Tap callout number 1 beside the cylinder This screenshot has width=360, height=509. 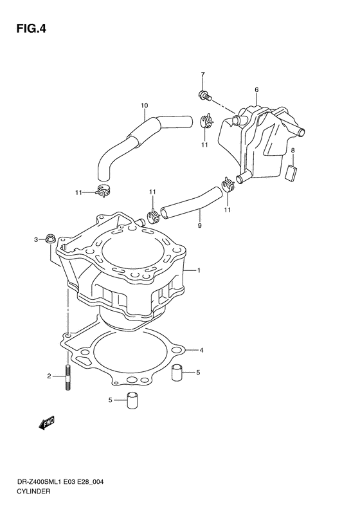pyautogui.click(x=200, y=271)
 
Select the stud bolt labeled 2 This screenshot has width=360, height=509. pyautogui.click(x=66, y=378)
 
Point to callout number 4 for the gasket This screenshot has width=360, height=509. pyautogui.click(x=201, y=350)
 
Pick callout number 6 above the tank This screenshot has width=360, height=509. pyautogui.click(x=256, y=89)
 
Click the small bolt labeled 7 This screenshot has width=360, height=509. pyautogui.click(x=204, y=97)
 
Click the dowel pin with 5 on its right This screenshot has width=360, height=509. pyautogui.click(x=178, y=373)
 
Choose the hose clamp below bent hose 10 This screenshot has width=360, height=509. pyautogui.click(x=100, y=191)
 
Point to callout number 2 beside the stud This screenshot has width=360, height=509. pyautogui.click(x=49, y=376)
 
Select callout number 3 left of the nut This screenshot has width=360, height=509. pyautogui.click(x=37, y=241)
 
